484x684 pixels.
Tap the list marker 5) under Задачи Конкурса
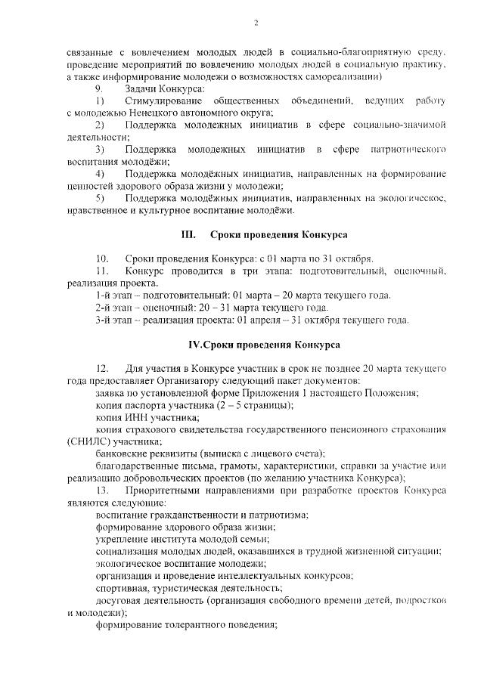(x=99, y=198)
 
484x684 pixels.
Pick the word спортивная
(x=123, y=588)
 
